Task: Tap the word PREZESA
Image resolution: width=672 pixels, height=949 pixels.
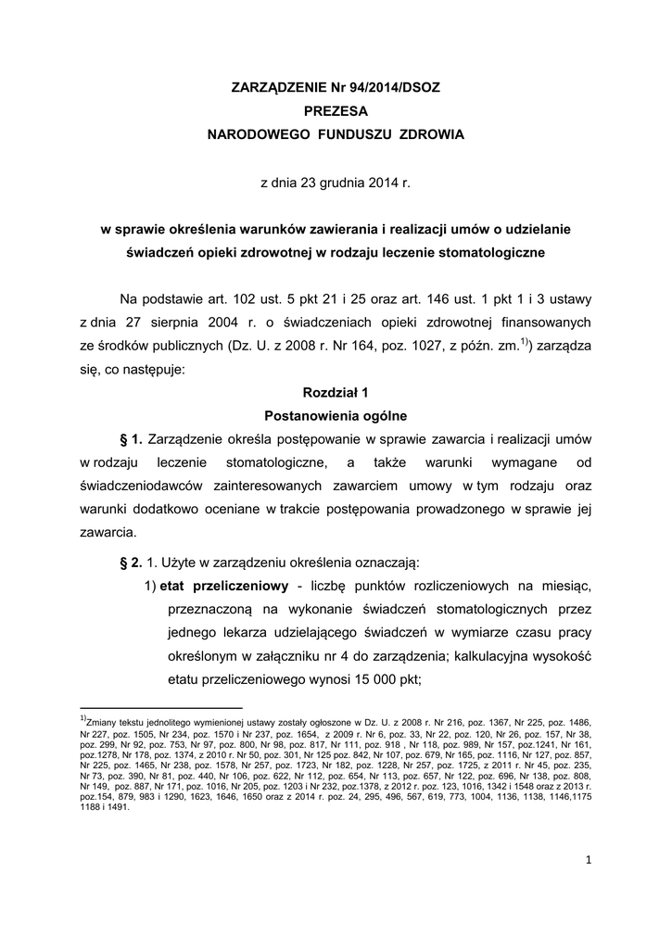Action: pos(336,111)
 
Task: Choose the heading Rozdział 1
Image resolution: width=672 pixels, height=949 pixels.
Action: pos(336,393)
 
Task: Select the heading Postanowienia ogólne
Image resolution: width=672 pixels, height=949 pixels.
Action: pos(336,416)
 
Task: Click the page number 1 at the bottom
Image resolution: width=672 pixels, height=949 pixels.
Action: pos(588,860)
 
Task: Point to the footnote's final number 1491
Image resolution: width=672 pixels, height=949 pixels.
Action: pos(118,806)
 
